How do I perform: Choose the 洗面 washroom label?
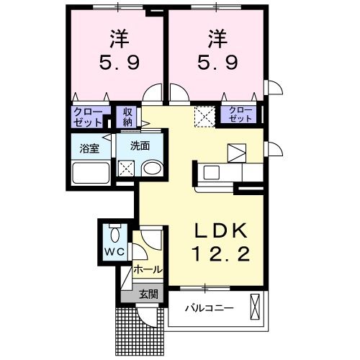[140, 145]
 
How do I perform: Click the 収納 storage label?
[127, 116]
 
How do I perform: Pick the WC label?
[113, 252]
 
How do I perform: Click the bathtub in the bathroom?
[91, 174]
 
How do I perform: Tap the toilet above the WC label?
[114, 235]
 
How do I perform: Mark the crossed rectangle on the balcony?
[253, 307]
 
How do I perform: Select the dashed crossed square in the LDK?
[204, 115]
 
